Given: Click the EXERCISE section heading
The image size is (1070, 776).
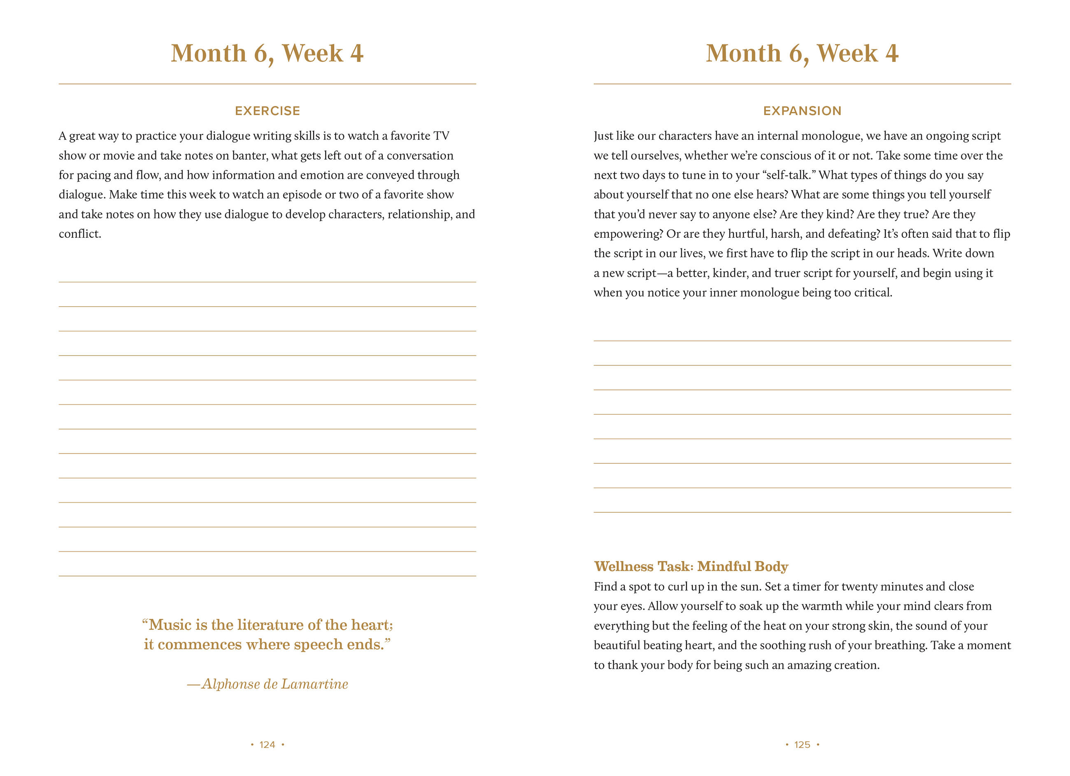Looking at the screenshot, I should tap(267, 111).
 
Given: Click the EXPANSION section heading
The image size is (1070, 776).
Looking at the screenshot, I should tap(802, 111).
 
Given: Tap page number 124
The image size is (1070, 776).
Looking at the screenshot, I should tap(267, 744).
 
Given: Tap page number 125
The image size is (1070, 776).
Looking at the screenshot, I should tap(802, 744).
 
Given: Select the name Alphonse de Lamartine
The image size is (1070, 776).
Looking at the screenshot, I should tap(274, 684).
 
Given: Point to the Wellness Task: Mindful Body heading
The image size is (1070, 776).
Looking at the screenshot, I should tap(691, 566).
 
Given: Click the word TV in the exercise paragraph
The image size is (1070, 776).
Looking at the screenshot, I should tap(441, 136).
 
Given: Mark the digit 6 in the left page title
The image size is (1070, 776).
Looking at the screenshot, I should tap(261, 53).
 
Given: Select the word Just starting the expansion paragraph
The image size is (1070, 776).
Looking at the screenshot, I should tap(603, 136).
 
